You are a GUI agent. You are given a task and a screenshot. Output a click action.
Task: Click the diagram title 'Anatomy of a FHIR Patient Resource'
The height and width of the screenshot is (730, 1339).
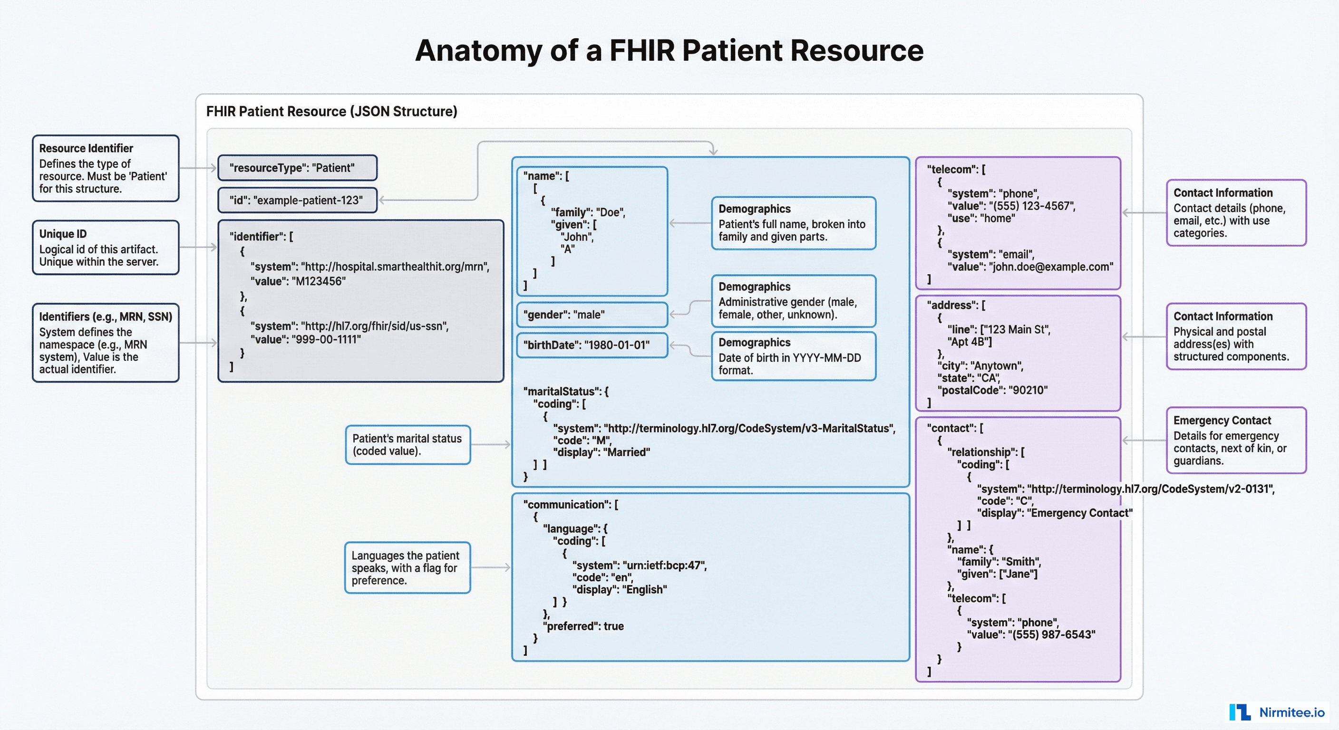click(x=669, y=50)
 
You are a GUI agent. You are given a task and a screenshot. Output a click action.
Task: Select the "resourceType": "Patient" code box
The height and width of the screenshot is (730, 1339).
click(x=297, y=168)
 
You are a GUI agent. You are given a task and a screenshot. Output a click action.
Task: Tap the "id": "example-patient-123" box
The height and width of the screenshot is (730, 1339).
click(x=297, y=200)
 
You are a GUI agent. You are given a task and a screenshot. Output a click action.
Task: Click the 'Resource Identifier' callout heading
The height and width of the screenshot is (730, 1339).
click(x=86, y=149)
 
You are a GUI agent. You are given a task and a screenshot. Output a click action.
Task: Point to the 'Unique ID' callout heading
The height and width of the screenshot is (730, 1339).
click(x=63, y=234)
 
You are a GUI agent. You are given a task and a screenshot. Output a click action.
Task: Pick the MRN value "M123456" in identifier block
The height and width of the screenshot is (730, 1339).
click(x=319, y=281)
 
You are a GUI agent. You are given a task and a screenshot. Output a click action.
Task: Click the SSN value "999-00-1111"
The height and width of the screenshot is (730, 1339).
click(x=327, y=339)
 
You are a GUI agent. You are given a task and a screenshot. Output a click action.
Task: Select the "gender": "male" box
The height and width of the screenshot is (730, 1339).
click(x=591, y=315)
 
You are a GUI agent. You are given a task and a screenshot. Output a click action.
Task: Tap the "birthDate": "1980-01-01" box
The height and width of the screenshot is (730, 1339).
click(x=591, y=345)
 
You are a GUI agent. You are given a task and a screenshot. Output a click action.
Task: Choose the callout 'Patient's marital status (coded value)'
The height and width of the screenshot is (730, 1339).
click(x=407, y=445)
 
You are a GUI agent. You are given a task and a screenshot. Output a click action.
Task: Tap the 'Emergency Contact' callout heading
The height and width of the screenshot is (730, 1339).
click(x=1222, y=420)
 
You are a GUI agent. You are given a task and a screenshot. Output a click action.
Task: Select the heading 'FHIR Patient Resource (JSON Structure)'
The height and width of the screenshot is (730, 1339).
click(x=331, y=111)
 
